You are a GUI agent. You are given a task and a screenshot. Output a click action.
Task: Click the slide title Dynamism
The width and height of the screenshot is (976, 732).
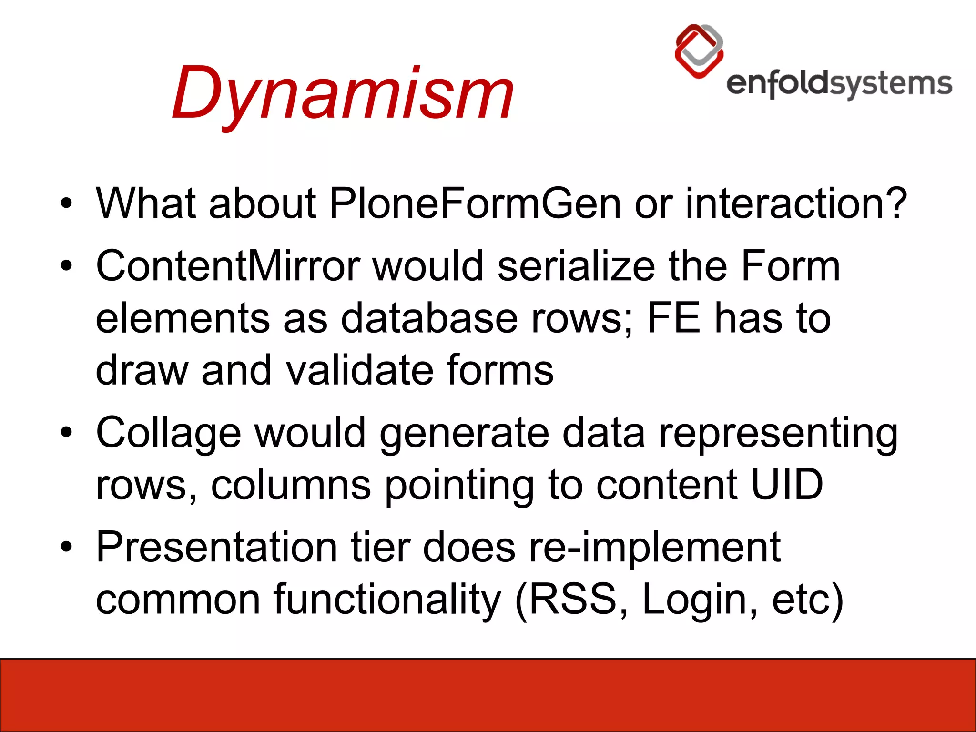point(342,93)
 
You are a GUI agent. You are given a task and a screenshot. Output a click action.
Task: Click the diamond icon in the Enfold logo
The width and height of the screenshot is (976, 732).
point(699,51)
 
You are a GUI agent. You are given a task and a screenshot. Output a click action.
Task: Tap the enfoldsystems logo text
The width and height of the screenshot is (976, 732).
point(839,84)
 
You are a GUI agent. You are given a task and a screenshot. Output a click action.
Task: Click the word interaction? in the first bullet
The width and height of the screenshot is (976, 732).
point(796,203)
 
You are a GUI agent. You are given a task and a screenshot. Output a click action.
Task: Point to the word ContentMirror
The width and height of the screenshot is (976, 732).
point(228,266)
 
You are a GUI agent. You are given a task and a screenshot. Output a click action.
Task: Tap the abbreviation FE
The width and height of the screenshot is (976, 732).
point(674,318)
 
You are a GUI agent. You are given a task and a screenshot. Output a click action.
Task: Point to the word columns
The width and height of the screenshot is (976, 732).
point(291,485)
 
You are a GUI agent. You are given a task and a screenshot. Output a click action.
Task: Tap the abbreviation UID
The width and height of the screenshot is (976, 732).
point(787,485)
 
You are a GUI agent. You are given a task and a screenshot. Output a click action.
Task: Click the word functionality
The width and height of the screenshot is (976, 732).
point(387,600)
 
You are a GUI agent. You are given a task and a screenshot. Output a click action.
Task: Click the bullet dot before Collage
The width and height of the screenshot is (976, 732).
point(66,433)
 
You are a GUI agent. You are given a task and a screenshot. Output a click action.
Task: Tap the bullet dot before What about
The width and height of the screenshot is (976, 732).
point(66,203)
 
